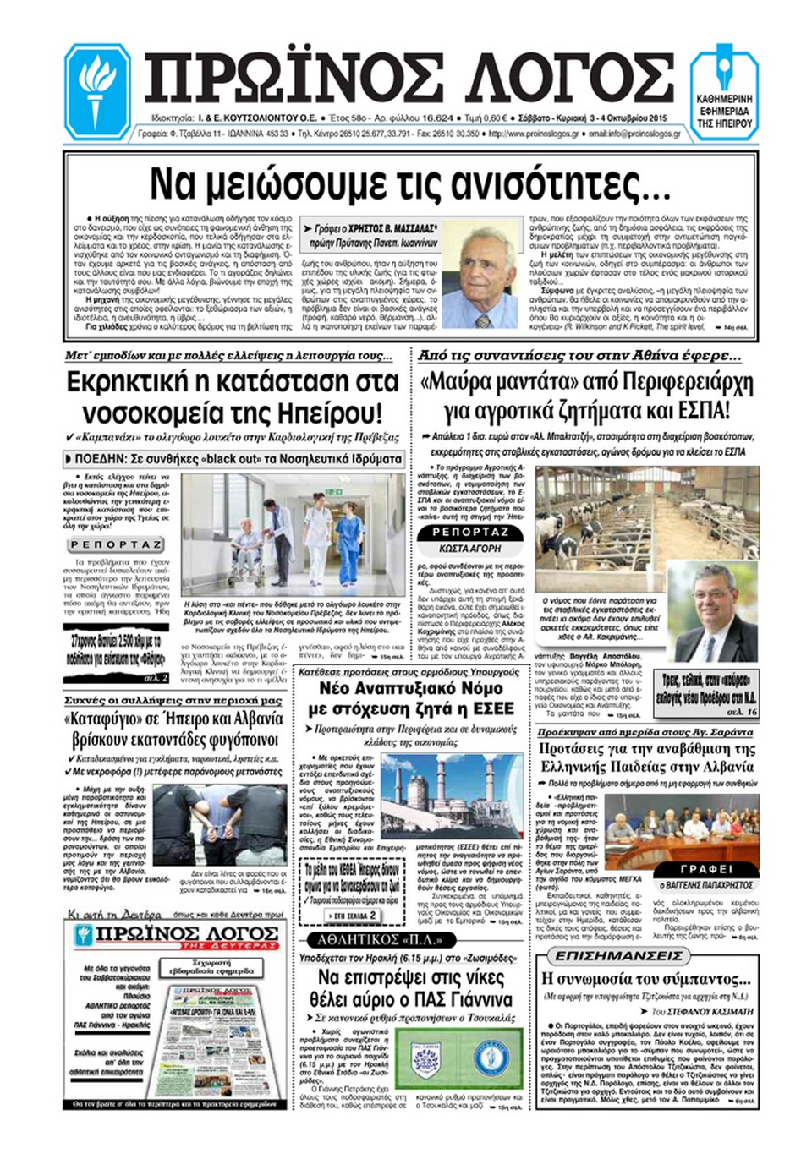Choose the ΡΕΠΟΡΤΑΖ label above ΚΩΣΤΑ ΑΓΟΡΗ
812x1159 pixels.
pos(470,532)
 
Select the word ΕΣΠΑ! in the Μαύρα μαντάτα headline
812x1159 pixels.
pos(701,413)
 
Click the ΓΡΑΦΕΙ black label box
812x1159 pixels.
pos(705,870)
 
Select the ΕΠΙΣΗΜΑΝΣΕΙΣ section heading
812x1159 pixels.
pos(618,956)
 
